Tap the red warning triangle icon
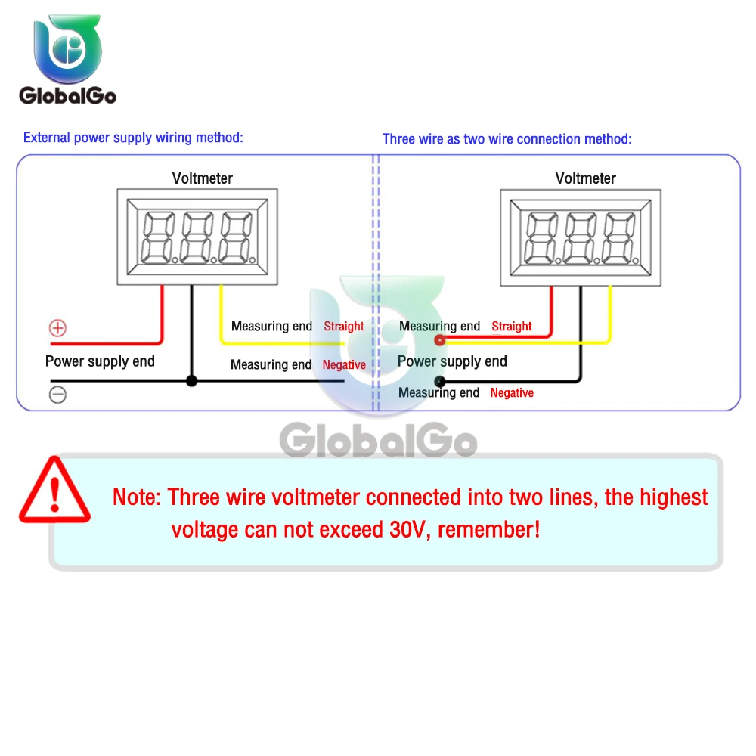[x=54, y=491]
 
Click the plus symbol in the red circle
[x=57, y=328]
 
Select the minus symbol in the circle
[x=57, y=395]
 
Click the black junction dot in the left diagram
[x=191, y=381]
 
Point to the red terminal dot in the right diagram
[x=439, y=341]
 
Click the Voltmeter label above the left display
[x=203, y=178]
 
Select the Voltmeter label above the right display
[x=586, y=178]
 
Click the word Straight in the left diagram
[x=344, y=327]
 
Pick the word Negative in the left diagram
[x=344, y=365]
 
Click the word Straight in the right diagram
[x=512, y=327]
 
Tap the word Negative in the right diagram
[x=512, y=393]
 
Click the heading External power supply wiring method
[x=133, y=138]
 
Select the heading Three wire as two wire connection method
[x=507, y=139]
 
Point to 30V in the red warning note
[x=410, y=529]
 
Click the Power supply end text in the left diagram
[x=100, y=361]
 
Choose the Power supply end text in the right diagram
[x=452, y=361]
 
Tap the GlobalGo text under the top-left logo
[x=67, y=95]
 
